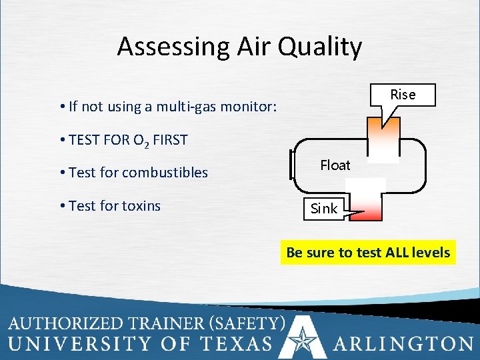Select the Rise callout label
click(x=403, y=95)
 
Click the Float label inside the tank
click(x=335, y=165)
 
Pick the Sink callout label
click(x=324, y=209)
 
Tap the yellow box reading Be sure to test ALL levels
click(x=368, y=253)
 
